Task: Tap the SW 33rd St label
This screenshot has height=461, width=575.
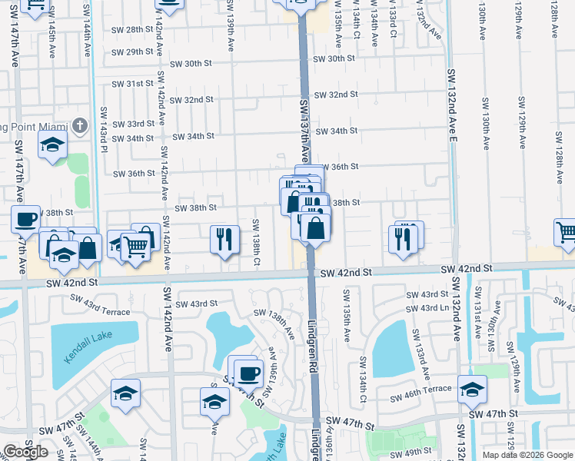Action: (134, 124)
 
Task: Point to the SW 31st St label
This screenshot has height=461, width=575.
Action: (133, 84)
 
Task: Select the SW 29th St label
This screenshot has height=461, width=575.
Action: (133, 52)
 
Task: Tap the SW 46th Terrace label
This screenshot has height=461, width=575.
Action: (420, 398)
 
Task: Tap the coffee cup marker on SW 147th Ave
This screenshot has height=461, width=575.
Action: (25, 219)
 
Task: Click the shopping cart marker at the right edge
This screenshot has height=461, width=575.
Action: (566, 231)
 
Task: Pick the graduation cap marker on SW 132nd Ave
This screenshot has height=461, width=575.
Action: (472, 389)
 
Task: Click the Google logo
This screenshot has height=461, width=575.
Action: (25, 452)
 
